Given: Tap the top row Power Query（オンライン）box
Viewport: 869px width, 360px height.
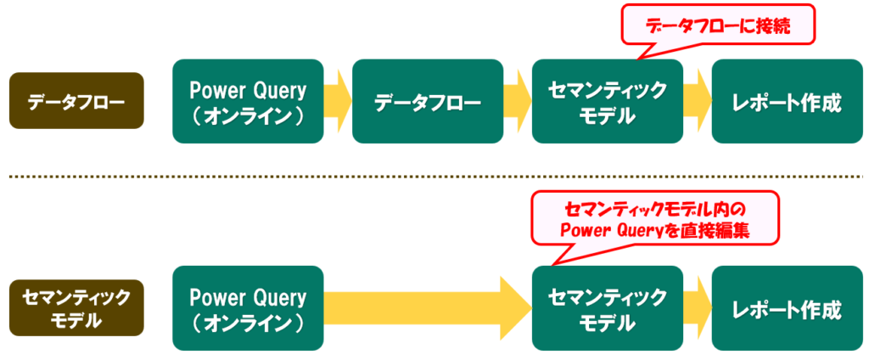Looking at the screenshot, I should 248,101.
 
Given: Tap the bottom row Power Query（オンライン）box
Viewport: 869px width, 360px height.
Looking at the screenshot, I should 248,308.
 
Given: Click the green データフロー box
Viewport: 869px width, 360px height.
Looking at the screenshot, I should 428,101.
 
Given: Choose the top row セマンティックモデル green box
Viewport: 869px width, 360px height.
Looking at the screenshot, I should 607,101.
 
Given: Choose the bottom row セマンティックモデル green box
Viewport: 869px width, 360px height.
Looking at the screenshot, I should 607,308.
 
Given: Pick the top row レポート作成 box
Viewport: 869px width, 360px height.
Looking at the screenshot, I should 787,101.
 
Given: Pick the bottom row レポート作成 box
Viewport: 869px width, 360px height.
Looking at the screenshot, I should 787,308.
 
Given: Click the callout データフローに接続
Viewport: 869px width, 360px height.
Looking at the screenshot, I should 718,26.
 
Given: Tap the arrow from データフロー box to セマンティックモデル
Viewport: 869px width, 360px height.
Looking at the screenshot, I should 518,101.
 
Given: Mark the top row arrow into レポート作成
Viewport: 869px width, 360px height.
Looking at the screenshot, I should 698,101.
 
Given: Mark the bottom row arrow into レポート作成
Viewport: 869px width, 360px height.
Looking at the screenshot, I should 698,308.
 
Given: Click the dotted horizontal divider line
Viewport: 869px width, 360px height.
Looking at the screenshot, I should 434,177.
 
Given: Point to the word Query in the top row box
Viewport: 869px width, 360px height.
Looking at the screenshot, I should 277,89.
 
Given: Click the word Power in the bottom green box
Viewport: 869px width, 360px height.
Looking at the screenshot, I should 216,297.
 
